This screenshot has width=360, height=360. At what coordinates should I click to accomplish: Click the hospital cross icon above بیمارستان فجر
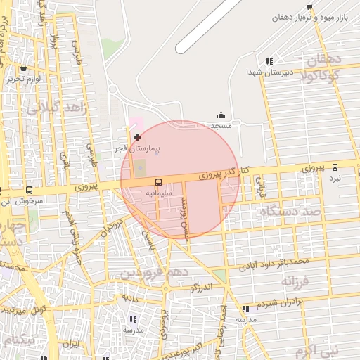136,136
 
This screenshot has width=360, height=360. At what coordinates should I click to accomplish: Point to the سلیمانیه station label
158,191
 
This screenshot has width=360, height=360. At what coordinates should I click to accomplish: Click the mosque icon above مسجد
221,115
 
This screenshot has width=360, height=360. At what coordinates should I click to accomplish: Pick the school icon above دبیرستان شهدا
269,62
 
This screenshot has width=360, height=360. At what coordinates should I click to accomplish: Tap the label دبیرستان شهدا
264,72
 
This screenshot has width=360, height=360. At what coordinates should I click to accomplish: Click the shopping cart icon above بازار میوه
310,6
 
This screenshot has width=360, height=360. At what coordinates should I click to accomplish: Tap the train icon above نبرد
335,167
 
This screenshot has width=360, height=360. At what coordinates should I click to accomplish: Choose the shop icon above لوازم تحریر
25,68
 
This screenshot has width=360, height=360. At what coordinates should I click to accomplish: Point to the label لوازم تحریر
25,79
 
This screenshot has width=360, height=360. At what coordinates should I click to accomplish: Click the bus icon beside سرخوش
29,190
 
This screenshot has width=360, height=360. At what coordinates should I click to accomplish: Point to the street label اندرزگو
201,288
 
